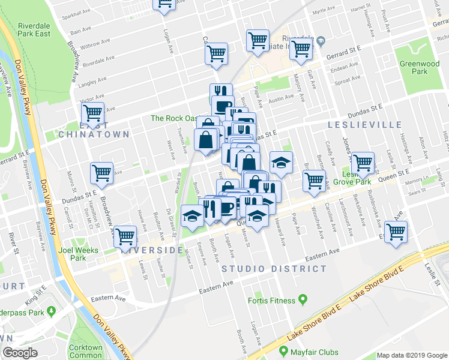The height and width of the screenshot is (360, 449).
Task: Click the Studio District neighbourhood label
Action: (274, 269)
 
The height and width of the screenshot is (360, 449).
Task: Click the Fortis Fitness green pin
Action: (303, 300)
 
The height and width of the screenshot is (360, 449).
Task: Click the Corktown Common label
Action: (86, 351)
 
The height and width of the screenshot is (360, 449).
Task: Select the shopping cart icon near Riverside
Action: (125, 236)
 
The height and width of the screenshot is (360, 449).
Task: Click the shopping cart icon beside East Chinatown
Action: (92, 112)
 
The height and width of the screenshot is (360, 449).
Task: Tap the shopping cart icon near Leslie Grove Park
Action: (363, 161)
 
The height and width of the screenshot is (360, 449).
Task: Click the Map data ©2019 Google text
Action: (412, 355)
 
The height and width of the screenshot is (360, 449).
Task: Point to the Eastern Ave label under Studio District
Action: (215, 287)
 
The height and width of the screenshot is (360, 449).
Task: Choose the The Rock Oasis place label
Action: (173, 118)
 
